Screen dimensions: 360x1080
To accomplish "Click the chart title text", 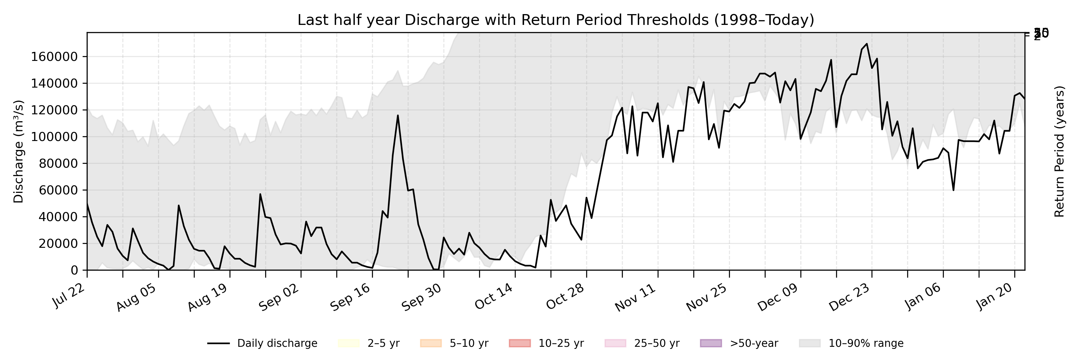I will pyautogui.click(x=556, y=20).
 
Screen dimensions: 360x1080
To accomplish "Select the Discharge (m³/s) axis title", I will pyautogui.click(x=18, y=152).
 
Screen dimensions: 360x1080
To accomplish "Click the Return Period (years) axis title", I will pyautogui.click(x=1060, y=152).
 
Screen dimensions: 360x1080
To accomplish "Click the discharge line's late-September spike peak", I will pyautogui.click(x=398, y=116).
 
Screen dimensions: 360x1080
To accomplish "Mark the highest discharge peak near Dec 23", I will pyautogui.click(x=867, y=43).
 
